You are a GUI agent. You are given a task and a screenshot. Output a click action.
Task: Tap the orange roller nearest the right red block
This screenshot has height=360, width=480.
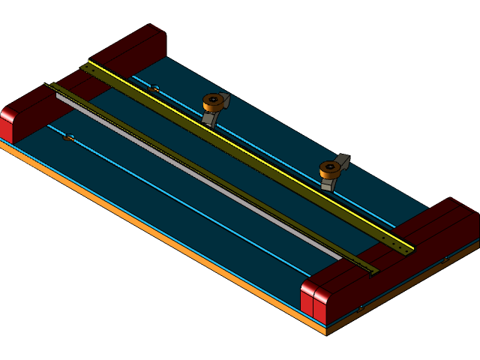[330, 169]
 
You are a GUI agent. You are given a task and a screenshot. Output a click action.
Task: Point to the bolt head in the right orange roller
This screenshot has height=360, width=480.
[329, 166]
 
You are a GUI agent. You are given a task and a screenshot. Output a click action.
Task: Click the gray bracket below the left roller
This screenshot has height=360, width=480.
[209, 118]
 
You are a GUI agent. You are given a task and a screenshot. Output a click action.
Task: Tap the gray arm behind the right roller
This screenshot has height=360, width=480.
[343, 160]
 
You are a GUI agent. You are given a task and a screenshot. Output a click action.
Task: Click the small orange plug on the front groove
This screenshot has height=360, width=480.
[68, 138]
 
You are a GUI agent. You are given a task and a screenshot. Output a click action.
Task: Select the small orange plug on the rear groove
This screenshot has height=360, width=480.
[154, 89]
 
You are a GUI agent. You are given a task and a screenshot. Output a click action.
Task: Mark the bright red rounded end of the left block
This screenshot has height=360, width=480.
[8, 121]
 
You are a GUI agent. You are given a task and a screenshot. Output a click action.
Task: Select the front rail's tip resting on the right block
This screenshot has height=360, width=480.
[369, 270]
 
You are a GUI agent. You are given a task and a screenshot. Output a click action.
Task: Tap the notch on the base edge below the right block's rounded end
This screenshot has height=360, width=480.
[361, 307]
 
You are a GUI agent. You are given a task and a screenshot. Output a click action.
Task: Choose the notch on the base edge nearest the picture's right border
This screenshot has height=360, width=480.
[445, 259]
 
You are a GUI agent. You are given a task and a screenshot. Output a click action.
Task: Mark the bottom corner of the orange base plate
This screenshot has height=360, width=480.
[326, 331]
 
